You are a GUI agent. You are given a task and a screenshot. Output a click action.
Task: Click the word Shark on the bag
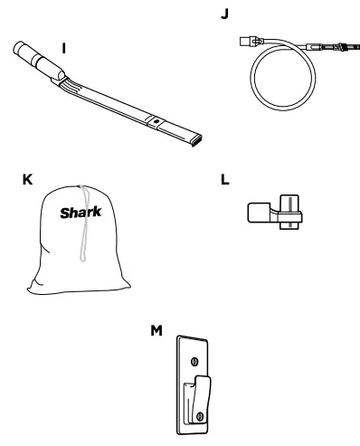79,215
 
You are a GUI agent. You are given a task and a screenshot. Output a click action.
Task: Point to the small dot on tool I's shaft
155,119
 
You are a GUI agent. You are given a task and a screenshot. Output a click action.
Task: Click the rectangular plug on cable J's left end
249,39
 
